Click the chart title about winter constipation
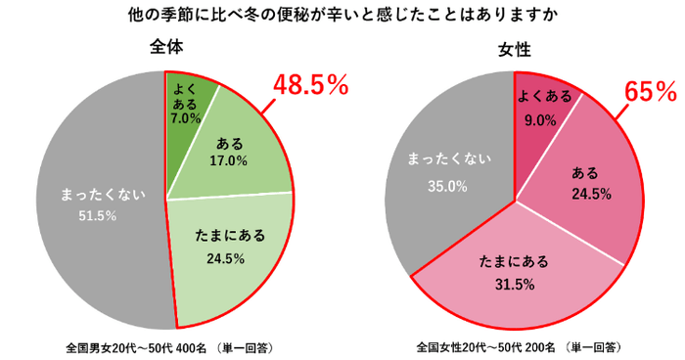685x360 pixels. pos(342,16)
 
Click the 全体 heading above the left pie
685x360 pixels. pos(166,46)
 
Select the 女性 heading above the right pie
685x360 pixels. pos(514,49)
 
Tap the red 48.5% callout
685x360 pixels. pos(310,86)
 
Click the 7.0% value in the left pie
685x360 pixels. pos(185,117)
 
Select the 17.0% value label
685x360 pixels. pos(229,159)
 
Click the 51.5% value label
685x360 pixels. pos(96,215)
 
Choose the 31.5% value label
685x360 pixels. pos(514,284)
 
